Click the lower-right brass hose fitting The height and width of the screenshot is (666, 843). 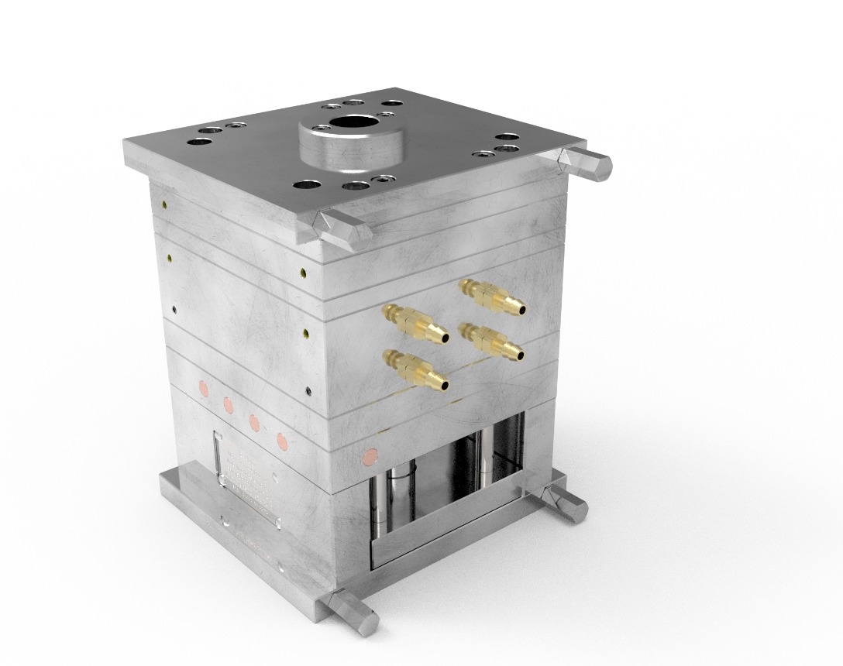point(491,342)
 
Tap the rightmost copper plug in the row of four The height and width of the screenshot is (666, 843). point(283,441)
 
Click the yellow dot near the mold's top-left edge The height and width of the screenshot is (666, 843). point(165,204)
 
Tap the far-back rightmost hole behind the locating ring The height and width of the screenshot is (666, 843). point(393,103)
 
